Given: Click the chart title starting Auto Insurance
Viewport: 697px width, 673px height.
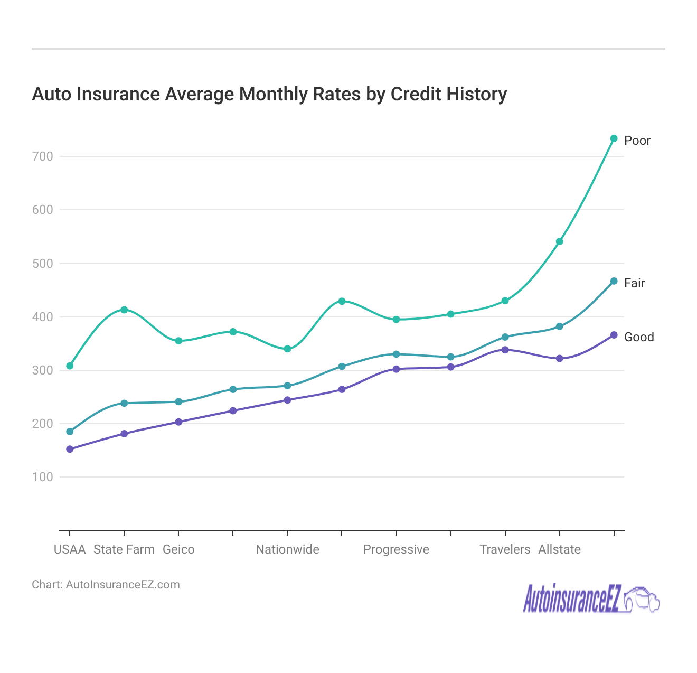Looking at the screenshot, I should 269,94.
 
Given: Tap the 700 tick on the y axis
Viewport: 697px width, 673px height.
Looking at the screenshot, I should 42,156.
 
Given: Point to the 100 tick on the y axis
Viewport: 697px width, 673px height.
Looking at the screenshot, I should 42,477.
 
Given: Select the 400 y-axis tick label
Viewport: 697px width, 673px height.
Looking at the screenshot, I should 42,317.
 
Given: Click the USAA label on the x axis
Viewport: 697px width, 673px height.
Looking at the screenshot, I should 70,549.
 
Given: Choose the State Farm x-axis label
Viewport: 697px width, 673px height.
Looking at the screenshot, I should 124,549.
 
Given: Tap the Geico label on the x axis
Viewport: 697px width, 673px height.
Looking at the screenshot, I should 178,549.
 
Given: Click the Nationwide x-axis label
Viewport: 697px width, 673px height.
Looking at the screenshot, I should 287,549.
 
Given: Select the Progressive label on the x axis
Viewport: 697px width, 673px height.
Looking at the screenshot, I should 396,549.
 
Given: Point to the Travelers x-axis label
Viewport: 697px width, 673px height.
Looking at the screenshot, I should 505,549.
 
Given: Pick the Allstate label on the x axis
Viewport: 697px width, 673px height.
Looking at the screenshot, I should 559,549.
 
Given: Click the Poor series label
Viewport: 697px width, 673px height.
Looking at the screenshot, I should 637,141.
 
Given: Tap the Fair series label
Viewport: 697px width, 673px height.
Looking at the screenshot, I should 634,283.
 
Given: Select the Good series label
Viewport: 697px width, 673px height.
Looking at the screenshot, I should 638,337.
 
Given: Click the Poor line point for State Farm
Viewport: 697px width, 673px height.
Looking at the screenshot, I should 124,310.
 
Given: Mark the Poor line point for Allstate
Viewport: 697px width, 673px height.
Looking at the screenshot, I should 559,241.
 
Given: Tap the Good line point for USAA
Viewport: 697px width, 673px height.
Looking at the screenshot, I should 70,449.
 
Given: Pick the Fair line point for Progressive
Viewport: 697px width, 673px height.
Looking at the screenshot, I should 396,354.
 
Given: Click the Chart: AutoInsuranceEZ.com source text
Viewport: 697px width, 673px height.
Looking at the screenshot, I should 106,585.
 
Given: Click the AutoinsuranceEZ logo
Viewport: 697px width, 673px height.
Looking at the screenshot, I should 590,600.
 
